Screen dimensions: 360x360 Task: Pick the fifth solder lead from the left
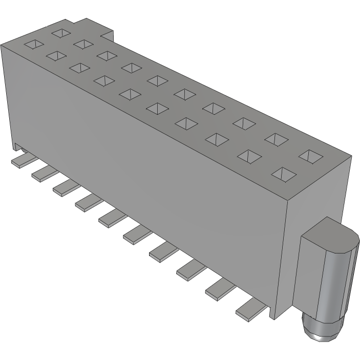point(111,218)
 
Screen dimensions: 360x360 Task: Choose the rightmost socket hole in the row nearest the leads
point(283,174)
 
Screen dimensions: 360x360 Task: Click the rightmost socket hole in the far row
point(309,155)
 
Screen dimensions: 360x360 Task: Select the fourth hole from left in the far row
point(132,68)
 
